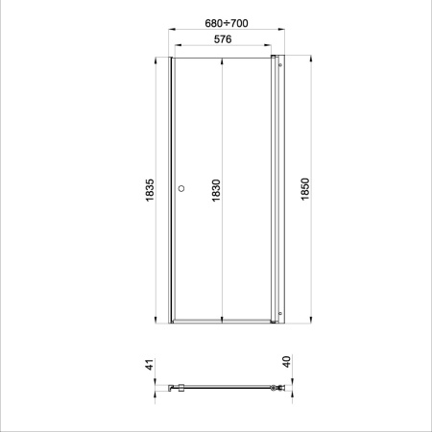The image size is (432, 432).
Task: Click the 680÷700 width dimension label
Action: pyautogui.click(x=227, y=23)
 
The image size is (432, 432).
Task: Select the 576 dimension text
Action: pyautogui.click(x=223, y=39)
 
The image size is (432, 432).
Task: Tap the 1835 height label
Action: pyautogui.click(x=150, y=190)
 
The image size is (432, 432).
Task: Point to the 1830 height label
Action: pyautogui.click(x=216, y=190)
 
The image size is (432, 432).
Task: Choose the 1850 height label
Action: pyautogui.click(x=305, y=189)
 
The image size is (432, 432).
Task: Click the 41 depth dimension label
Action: pyautogui.click(x=150, y=365)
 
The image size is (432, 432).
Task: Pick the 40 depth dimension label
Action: pyautogui.click(x=287, y=362)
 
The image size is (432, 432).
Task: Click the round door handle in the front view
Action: pyautogui.click(x=181, y=188)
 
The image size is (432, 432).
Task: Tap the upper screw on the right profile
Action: pyautogui.click(x=280, y=65)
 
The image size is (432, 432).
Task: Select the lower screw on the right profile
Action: pyautogui.click(x=280, y=314)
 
